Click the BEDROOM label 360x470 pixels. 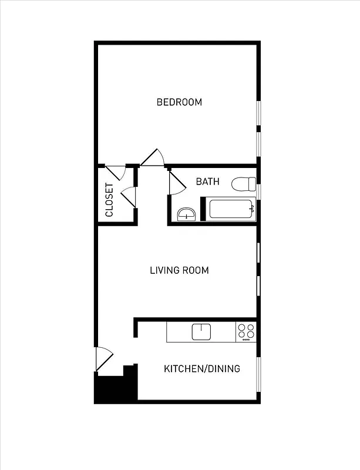(x=179, y=102)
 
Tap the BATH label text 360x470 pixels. (x=207, y=182)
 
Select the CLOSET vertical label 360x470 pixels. (x=109, y=200)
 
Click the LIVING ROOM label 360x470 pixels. (x=179, y=270)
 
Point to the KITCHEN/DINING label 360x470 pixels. (x=201, y=369)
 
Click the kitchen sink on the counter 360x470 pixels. (x=201, y=332)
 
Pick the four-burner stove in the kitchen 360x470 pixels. (x=246, y=332)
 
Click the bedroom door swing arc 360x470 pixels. (x=153, y=157)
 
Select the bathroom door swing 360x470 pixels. (x=176, y=183)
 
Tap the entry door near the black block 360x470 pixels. (x=103, y=360)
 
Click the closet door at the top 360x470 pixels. (x=116, y=172)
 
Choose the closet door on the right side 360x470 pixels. (x=129, y=196)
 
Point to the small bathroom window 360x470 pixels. (x=258, y=192)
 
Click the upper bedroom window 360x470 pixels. (x=258, y=113)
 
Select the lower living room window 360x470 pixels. (x=258, y=285)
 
